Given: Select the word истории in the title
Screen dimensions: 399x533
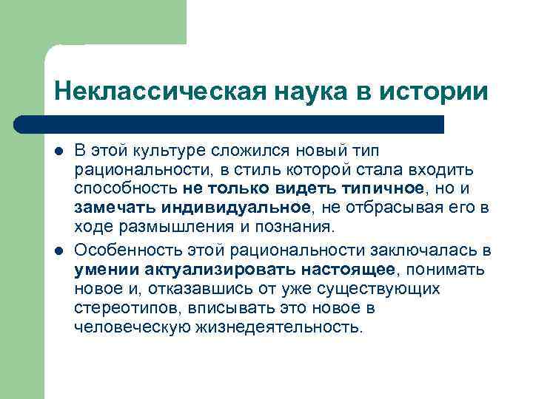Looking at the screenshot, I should pos(441,92).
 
